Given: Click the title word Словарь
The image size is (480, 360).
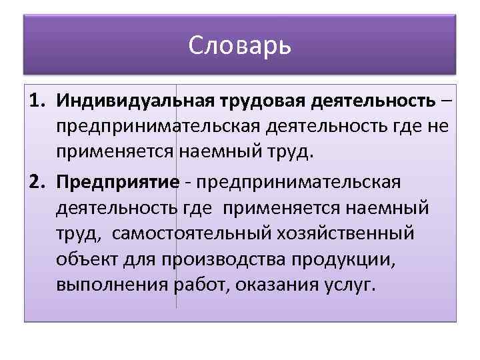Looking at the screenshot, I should (x=240, y=47).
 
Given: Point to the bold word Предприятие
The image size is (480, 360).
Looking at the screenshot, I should (x=118, y=183).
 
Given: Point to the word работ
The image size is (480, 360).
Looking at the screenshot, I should (x=197, y=287).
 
